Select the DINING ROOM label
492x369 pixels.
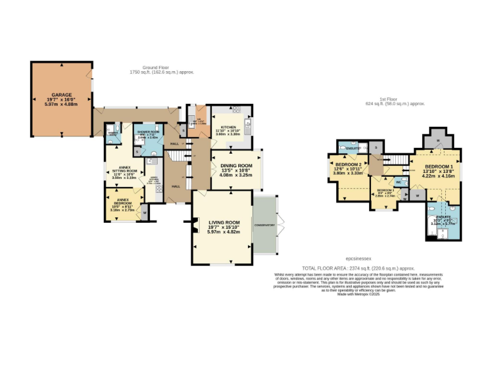pyautogui.click(x=236, y=166)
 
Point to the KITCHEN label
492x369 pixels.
pyautogui.click(x=229, y=127)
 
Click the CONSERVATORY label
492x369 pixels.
pyautogui.click(x=264, y=225)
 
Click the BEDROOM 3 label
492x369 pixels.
pyautogui.click(x=385, y=191)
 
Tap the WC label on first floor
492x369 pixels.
pyautogui.click(x=398, y=181)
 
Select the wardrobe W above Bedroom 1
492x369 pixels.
pyautogui.click(x=438, y=140)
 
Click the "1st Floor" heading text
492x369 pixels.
pyautogui.click(x=388, y=99)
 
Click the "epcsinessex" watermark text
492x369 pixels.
pyautogui.click(x=359, y=260)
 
